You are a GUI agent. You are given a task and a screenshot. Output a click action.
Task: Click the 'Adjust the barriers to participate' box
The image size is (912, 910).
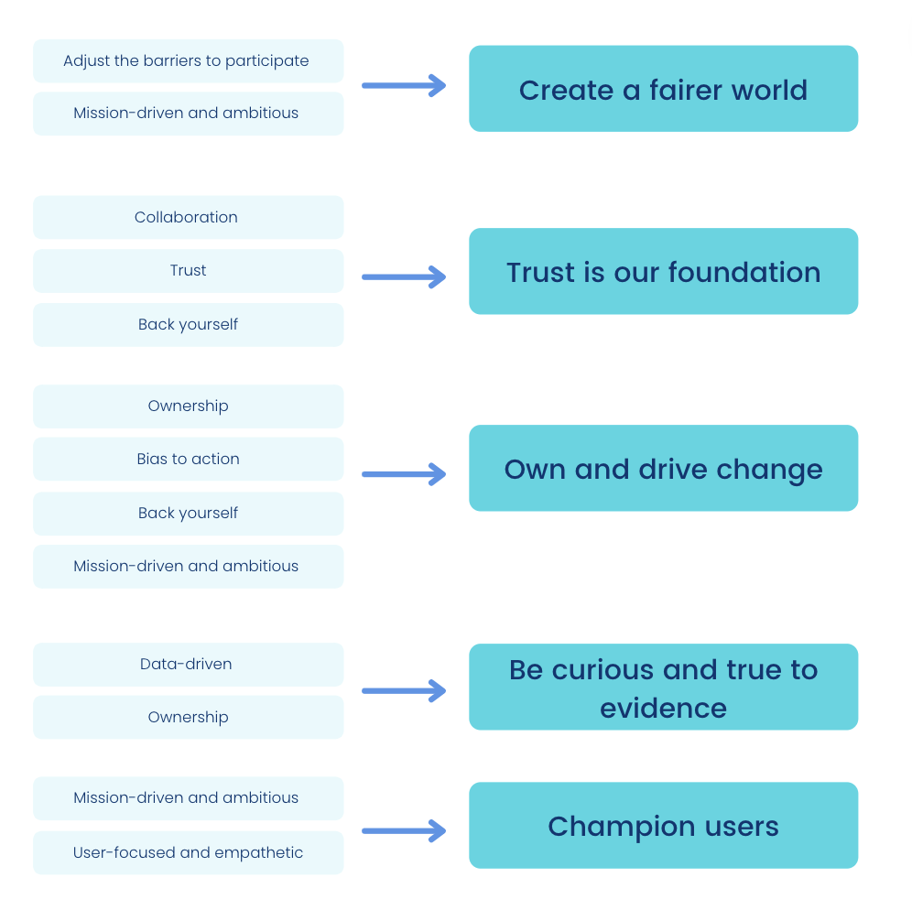point(188,61)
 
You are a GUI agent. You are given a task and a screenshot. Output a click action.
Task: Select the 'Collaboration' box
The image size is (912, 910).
point(188,218)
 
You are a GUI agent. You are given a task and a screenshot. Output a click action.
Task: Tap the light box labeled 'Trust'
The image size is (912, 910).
point(188,271)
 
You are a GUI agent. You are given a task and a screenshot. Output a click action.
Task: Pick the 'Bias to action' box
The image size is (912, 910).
point(188,460)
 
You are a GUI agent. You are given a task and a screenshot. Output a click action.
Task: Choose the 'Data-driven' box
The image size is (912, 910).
point(188,665)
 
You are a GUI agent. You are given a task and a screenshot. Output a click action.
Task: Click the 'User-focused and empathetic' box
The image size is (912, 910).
point(188,853)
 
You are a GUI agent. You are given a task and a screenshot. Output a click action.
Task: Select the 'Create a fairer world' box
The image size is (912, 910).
point(663,90)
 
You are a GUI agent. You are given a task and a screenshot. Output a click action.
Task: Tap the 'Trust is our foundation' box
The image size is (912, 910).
point(663,272)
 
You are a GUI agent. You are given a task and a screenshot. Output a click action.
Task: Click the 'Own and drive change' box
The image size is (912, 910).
point(663,469)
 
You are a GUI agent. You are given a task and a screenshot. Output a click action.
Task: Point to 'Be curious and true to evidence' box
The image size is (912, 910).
point(663,688)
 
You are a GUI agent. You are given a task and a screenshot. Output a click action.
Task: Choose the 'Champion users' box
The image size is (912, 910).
point(663,826)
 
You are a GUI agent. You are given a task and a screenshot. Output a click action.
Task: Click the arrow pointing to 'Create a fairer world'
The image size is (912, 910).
point(404,86)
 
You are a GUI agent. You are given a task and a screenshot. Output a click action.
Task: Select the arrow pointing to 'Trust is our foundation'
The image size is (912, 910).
point(404,276)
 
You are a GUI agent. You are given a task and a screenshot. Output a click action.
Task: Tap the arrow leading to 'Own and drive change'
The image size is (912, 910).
point(404,474)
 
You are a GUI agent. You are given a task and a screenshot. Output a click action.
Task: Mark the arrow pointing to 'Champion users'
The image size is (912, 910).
point(404,831)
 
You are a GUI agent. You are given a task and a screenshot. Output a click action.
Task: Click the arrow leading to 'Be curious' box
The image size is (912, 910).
point(404,691)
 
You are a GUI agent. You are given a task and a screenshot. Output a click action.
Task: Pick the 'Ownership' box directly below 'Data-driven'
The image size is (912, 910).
point(188,718)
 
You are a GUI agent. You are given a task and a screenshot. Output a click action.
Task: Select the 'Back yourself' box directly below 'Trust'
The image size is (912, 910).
point(188,325)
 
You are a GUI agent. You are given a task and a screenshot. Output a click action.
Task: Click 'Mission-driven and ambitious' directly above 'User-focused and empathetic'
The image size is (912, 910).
point(188,798)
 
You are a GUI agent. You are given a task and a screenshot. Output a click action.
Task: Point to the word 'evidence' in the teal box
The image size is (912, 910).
point(663,708)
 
